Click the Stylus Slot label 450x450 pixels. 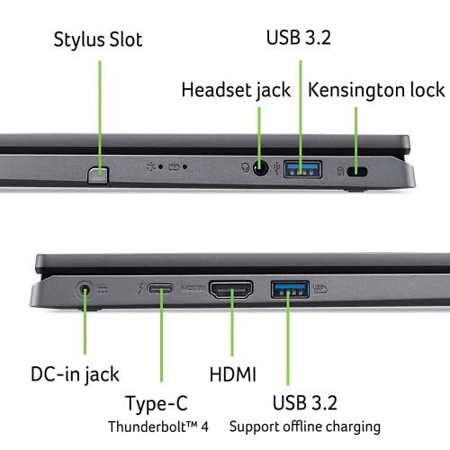coord(97,40)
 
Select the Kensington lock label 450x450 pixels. coord(376,90)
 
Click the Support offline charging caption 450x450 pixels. coord(304,426)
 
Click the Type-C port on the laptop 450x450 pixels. coord(162,291)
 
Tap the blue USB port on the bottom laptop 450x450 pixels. coord(289,290)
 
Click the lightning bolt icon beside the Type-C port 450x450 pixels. coord(139,290)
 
